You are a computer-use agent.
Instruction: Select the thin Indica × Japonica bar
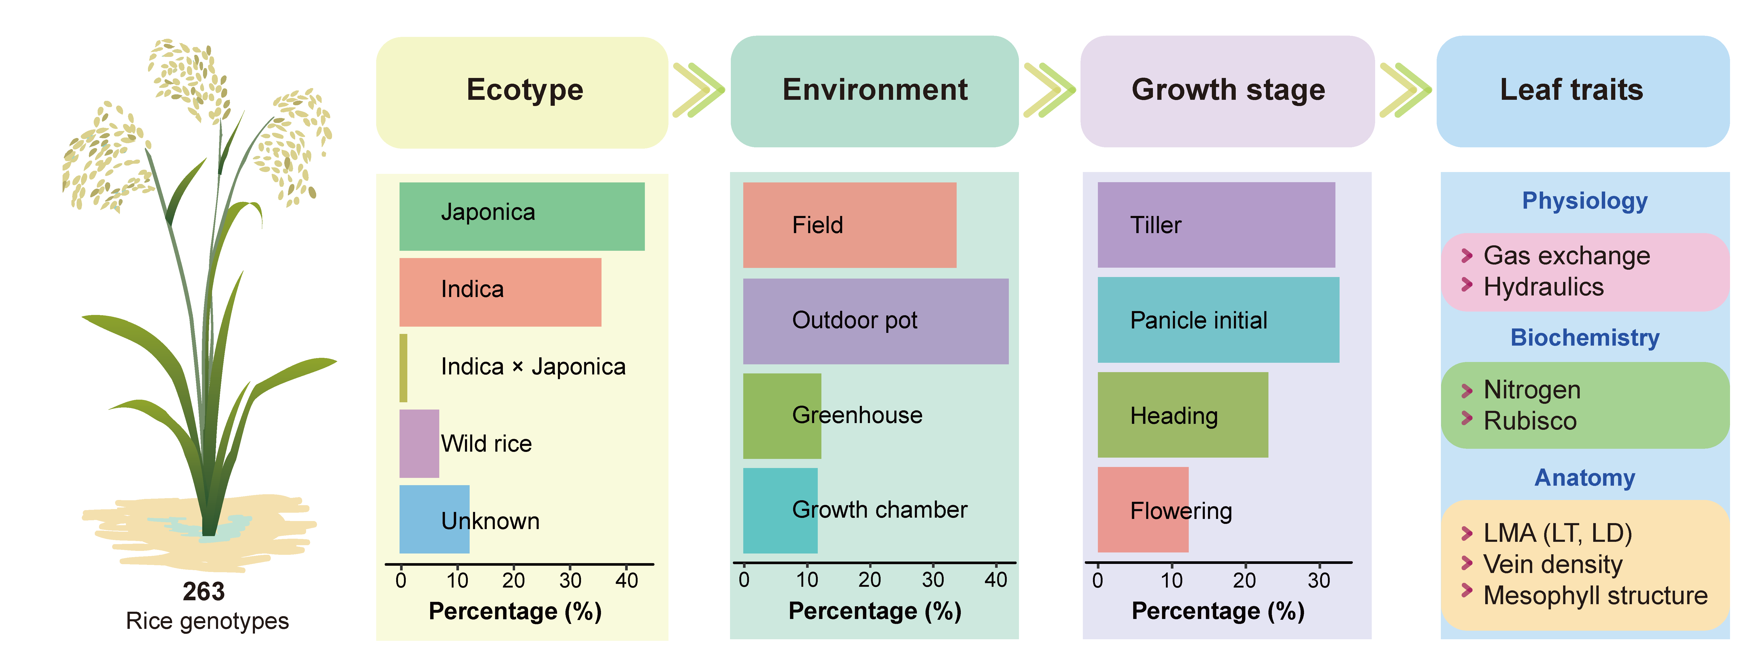click(x=403, y=368)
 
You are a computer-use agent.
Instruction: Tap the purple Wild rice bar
click(x=419, y=443)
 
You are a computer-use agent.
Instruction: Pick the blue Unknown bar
click(x=434, y=519)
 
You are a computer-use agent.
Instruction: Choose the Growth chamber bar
click(x=780, y=510)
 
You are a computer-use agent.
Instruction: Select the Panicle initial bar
click(x=1218, y=320)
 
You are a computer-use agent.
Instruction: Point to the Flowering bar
click(x=1143, y=510)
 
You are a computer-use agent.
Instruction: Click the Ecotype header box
click(x=522, y=92)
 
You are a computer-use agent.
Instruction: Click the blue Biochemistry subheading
click(x=1584, y=338)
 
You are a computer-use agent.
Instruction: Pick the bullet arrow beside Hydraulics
click(x=1467, y=285)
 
